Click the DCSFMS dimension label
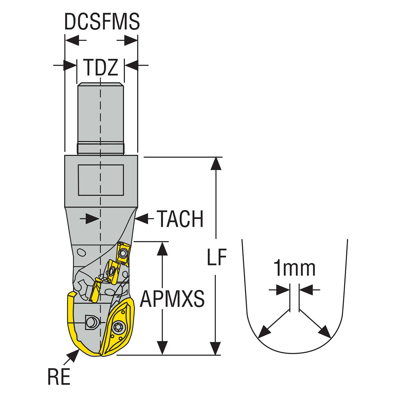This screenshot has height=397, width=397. (x=102, y=22)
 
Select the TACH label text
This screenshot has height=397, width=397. (x=180, y=219)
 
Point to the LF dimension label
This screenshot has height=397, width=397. (x=217, y=257)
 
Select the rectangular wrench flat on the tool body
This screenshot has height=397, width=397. (x=101, y=180)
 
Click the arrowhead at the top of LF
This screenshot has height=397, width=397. (x=216, y=163)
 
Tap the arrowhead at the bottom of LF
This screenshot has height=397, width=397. (x=216, y=348)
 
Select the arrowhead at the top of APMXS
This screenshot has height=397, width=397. (x=162, y=248)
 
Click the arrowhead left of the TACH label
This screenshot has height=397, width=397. (x=142, y=218)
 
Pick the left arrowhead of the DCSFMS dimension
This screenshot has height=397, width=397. (x=72, y=40)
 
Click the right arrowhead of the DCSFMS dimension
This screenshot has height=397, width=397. (x=131, y=40)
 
